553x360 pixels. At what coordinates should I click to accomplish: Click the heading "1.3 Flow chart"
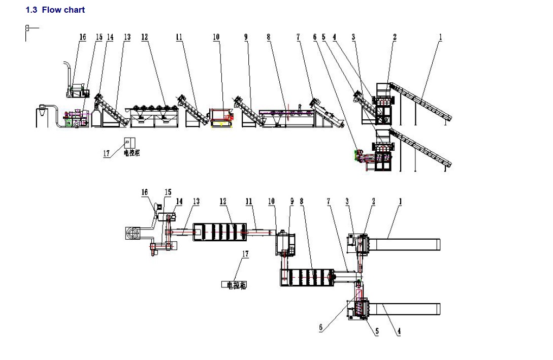[55, 10]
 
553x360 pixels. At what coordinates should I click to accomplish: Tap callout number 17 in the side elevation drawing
[107, 154]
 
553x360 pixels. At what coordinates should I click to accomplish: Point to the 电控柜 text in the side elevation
[132, 153]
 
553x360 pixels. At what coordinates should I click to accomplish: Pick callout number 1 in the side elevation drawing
[440, 37]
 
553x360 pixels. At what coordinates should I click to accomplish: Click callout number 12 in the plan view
[223, 202]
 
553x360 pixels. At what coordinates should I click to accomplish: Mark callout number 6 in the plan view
[320, 328]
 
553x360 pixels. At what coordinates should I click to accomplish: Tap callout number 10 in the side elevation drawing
[216, 37]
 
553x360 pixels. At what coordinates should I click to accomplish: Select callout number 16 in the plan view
[145, 192]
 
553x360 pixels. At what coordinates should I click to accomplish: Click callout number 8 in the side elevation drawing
[269, 37]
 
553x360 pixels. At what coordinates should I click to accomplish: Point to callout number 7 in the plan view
[329, 202]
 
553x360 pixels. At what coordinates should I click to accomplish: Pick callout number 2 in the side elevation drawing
[395, 37]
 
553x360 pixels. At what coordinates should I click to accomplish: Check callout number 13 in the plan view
[196, 202]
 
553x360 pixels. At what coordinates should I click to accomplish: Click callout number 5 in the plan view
[377, 331]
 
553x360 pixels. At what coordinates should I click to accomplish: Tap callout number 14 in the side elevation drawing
[110, 37]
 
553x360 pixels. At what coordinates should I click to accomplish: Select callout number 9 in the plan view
[292, 202]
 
